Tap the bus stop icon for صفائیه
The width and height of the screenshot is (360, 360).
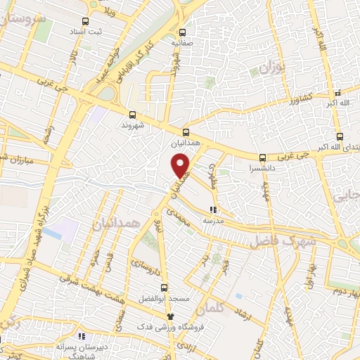184,32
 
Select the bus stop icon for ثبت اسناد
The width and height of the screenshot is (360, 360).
86,21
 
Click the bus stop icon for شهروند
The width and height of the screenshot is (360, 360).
133,115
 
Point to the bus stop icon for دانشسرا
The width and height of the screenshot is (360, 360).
262,157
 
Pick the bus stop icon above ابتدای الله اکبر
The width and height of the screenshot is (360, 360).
340,136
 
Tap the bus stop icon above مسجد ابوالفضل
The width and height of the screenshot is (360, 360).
164,287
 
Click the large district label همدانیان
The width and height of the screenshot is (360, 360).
117,223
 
